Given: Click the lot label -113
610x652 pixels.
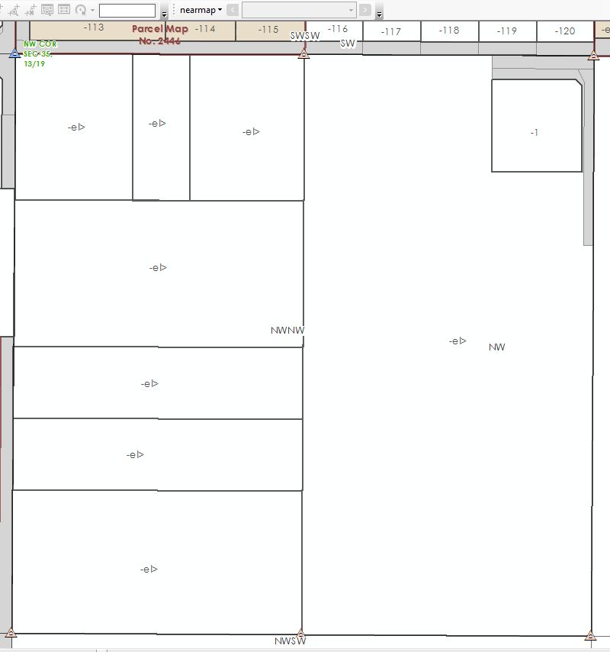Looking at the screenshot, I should [x=94, y=27].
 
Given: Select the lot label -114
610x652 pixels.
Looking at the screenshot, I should [x=204, y=29].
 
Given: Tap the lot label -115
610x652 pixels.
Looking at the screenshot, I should [x=268, y=30].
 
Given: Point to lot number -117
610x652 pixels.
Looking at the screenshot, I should [x=391, y=31].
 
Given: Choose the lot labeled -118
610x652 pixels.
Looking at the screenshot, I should [x=449, y=31].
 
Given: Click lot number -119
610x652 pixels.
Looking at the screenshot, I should [x=506, y=31].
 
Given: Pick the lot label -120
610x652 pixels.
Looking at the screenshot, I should [x=565, y=31].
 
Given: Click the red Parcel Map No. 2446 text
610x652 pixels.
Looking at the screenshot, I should [x=160, y=34].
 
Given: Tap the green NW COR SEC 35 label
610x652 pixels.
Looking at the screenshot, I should [x=40, y=53].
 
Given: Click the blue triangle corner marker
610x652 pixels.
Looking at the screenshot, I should [x=14, y=53].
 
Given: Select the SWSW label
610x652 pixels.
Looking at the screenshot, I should [x=305, y=35].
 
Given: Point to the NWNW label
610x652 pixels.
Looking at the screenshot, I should [x=287, y=331].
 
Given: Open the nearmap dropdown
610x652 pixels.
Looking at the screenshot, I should [x=201, y=10].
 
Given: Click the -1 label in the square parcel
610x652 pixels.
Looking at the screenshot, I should [x=535, y=133].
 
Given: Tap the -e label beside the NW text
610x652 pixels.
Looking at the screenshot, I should [x=457, y=341].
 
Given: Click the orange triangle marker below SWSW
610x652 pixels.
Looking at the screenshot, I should [x=303, y=53].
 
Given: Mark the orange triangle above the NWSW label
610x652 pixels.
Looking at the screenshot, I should [x=301, y=633].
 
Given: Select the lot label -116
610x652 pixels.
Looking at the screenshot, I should [x=337, y=29].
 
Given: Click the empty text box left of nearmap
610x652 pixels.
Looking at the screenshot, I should [x=127, y=10].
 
